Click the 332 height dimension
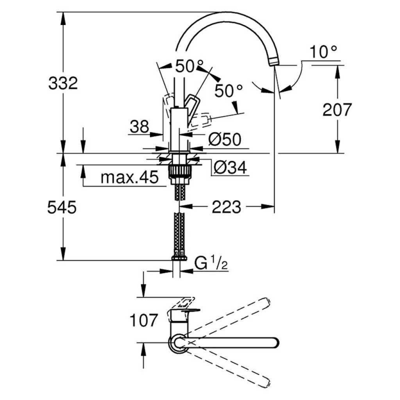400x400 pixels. (62, 83)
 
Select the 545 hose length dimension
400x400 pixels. (61, 207)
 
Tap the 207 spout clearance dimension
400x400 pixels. (337, 110)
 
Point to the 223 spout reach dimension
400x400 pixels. (226, 207)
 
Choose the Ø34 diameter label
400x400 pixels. (230, 168)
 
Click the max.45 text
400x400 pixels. (129, 178)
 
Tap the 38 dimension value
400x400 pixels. (139, 127)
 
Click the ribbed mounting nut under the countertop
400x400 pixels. (180, 171)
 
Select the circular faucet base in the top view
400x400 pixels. (178, 343)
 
